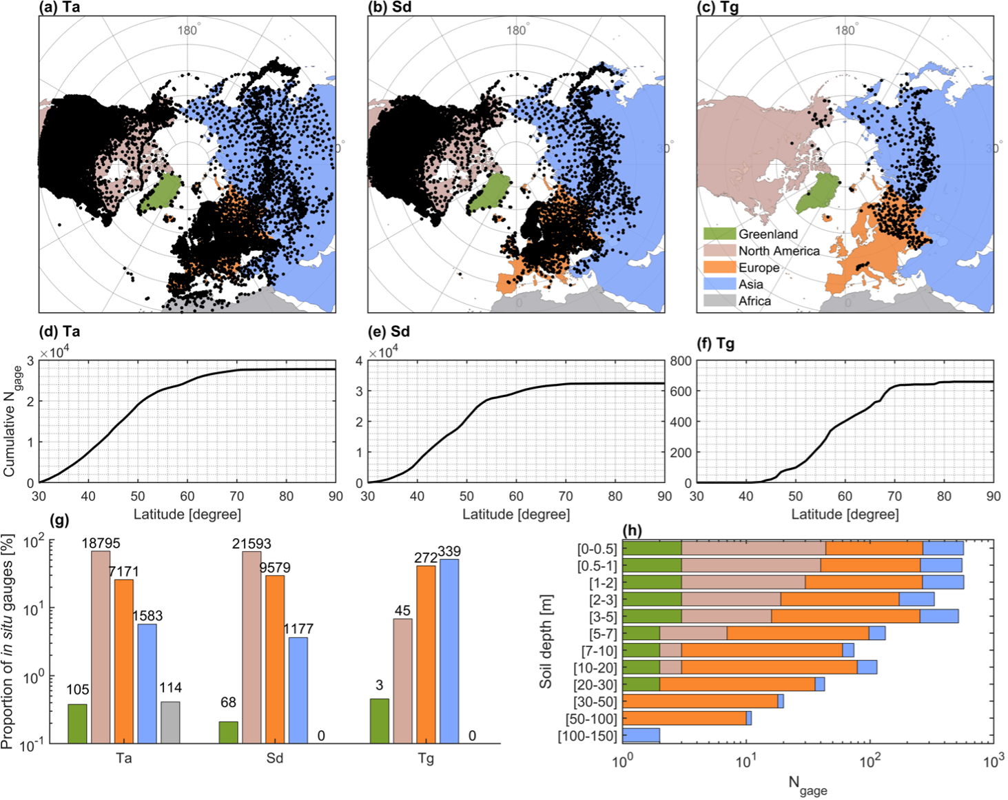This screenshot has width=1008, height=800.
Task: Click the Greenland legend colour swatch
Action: coord(719,234)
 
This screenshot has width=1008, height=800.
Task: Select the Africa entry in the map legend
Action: coord(754,301)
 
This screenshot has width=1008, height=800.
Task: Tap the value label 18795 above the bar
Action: coord(101,543)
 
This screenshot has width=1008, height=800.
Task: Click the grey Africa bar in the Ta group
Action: coord(170,722)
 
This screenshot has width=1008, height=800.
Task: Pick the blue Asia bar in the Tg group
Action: coord(449,651)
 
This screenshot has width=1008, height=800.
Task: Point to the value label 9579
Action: coord(275,568)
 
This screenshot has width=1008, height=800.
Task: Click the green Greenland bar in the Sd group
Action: coord(229,732)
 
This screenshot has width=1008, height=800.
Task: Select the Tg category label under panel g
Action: coord(426,759)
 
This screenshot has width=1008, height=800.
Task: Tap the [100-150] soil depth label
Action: coord(587,736)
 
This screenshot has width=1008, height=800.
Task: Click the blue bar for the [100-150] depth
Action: coord(641,735)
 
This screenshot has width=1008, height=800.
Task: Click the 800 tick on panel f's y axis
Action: coord(681,361)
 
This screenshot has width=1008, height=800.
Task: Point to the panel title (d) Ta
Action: coord(60,331)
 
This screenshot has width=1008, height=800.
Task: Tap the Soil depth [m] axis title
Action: coord(546,641)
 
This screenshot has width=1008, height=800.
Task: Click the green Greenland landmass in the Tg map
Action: coord(817,193)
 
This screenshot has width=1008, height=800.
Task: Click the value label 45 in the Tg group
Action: coord(402,611)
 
